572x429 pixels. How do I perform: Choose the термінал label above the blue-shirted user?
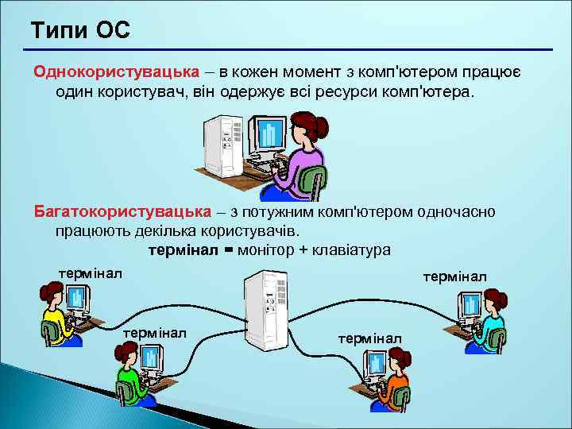[455, 276]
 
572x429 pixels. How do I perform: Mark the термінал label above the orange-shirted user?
[370, 338]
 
